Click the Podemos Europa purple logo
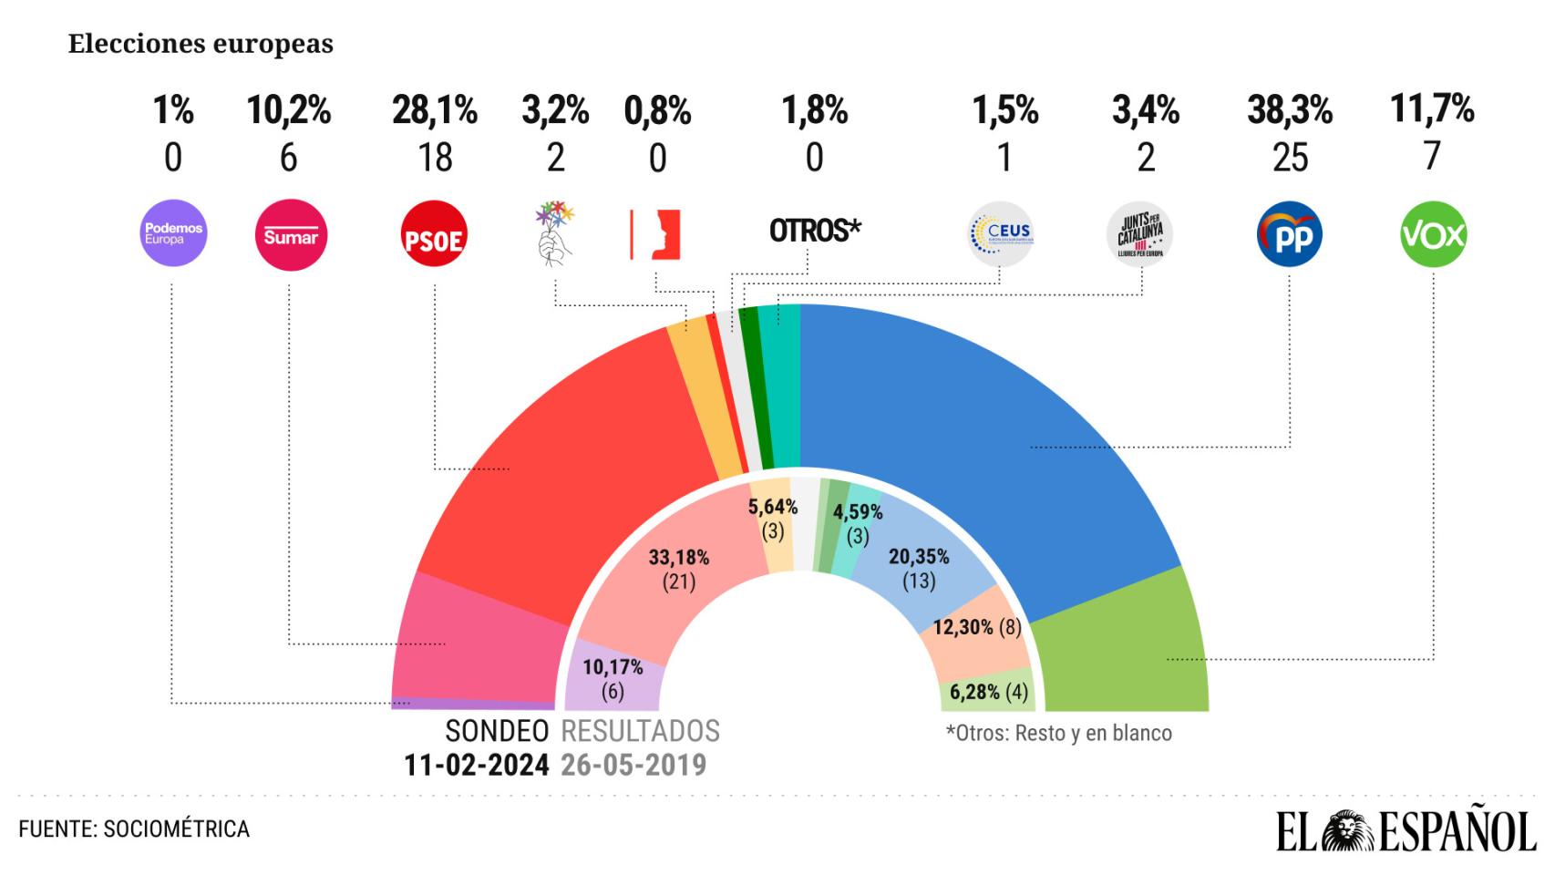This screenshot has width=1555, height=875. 173,233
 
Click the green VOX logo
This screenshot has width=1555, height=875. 1433,234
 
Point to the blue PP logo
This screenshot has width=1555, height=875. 1289,235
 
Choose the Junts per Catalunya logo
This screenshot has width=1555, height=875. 1139,234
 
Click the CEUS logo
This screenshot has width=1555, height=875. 1001,234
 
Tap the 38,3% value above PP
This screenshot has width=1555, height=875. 1290,111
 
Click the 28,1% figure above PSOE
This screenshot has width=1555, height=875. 435,111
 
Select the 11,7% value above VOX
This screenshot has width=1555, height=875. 1432,109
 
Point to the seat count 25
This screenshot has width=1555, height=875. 1290,159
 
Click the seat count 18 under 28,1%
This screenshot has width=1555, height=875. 435,159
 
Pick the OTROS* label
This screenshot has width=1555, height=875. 815,231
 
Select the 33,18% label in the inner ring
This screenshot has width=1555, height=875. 678,557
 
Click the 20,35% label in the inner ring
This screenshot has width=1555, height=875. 919,556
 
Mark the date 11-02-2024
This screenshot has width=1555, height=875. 477,765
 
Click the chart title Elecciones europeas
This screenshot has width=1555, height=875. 201,44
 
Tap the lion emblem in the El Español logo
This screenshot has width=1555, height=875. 1348,831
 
